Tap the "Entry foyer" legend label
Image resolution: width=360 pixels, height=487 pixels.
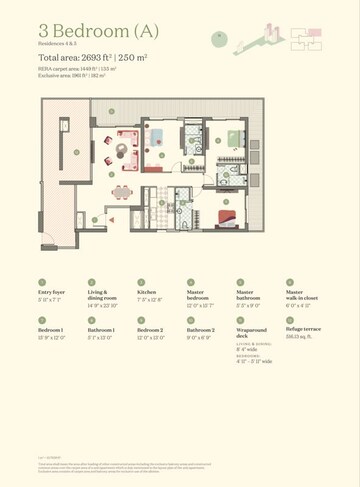52,293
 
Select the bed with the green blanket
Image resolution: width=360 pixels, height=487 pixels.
229,135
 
